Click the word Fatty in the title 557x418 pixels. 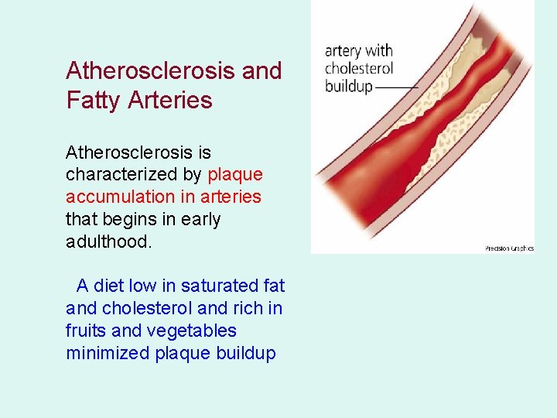93,101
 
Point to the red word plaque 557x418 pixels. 235,175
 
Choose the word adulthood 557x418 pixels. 109,242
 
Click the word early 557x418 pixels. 200,220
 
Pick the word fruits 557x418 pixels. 87,331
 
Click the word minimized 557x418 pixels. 108,354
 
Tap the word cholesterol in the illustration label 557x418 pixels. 358,69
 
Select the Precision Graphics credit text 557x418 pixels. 509,248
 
